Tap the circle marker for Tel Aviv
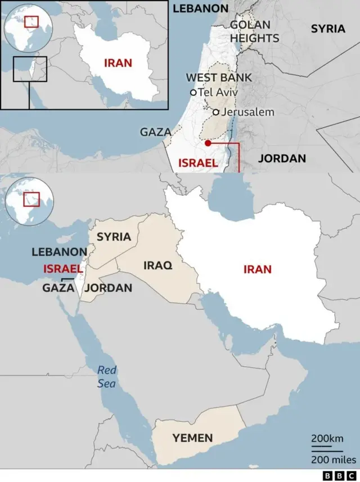click(x=193, y=92)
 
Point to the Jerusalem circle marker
click(x=215, y=112)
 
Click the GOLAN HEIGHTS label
click(x=254, y=31)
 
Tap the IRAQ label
click(x=158, y=265)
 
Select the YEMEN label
click(x=192, y=438)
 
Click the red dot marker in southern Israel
click(x=208, y=143)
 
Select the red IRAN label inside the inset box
click(x=118, y=62)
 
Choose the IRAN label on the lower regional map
click(x=257, y=269)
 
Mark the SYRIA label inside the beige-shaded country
click(x=114, y=237)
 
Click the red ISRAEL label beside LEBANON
click(x=63, y=269)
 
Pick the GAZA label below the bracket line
click(x=58, y=288)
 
